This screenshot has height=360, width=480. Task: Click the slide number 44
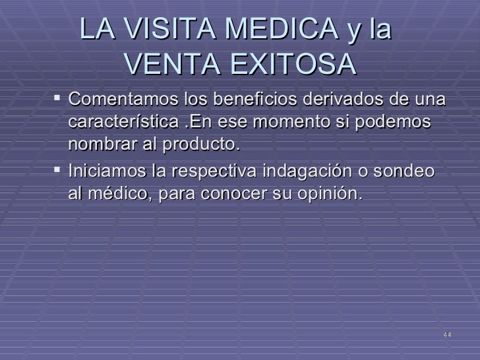click(x=447, y=335)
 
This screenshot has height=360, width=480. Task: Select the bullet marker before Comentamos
click(x=58, y=100)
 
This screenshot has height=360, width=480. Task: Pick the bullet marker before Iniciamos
click(x=58, y=171)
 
